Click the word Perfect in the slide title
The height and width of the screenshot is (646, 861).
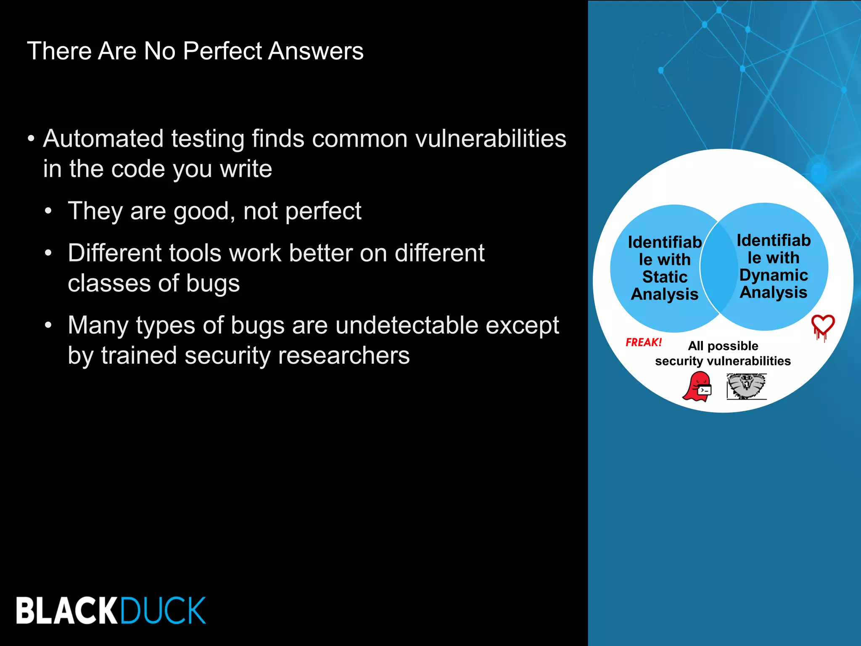223,51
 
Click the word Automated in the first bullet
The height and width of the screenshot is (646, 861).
103,139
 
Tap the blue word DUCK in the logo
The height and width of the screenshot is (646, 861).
163,610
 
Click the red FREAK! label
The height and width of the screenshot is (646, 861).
643,342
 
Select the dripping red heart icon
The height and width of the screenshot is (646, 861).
822,327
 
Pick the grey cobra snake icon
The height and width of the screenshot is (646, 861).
746,386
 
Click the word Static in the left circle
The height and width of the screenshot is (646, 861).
665,277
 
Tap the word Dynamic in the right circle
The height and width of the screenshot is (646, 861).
773,275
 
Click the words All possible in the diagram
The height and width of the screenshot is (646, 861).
723,346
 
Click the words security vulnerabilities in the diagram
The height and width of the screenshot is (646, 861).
723,361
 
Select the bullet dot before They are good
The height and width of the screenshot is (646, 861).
49,211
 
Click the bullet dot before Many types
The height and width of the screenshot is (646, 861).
49,326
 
